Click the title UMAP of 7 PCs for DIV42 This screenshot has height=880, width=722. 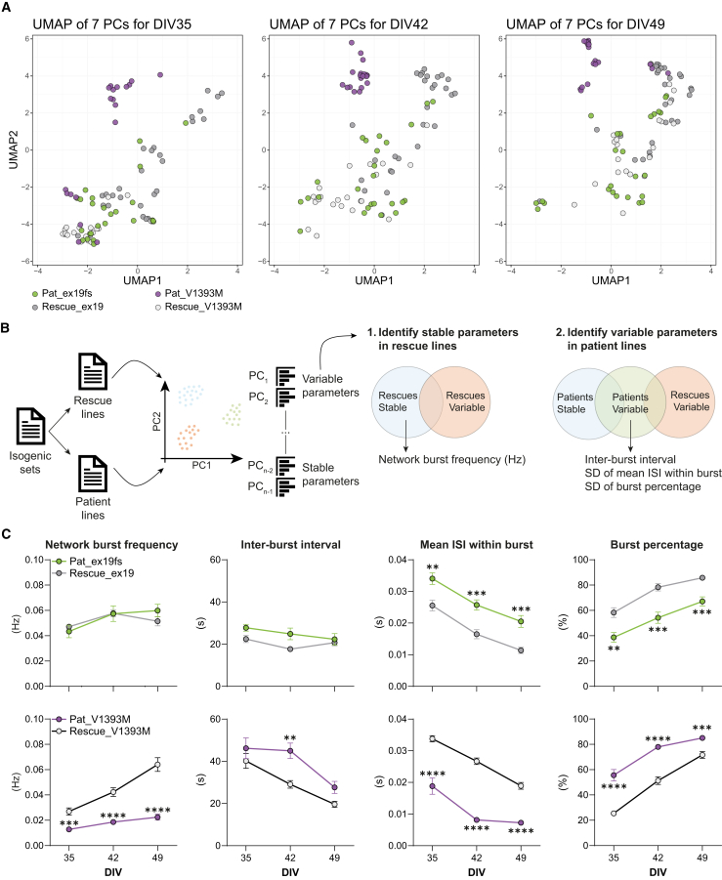tap(349, 24)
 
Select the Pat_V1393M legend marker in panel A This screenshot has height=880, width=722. tap(157, 294)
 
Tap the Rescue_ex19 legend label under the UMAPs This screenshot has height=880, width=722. tap(72, 307)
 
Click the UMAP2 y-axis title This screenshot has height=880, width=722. tap(14, 149)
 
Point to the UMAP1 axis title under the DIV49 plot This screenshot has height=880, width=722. tap(611, 280)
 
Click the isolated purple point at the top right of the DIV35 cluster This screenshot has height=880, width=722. tap(160, 74)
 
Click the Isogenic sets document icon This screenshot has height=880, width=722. tap(31, 427)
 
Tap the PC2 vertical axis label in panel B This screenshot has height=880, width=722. tap(156, 422)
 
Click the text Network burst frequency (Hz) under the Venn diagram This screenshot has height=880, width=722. tap(452, 460)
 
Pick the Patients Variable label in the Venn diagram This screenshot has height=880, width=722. tap(630, 403)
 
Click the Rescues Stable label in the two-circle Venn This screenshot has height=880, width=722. tap(398, 401)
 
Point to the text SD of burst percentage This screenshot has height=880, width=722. tap(643, 486)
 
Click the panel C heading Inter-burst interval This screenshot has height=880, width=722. tap(290, 544)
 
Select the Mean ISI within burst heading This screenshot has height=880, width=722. tap(477, 544)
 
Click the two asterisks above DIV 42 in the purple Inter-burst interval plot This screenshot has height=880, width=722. tap(290, 738)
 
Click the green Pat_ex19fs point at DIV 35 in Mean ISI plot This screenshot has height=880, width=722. tap(432, 578)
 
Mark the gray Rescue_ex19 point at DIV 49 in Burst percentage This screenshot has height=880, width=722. tap(701, 577)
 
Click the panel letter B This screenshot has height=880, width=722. tap(6, 328)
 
